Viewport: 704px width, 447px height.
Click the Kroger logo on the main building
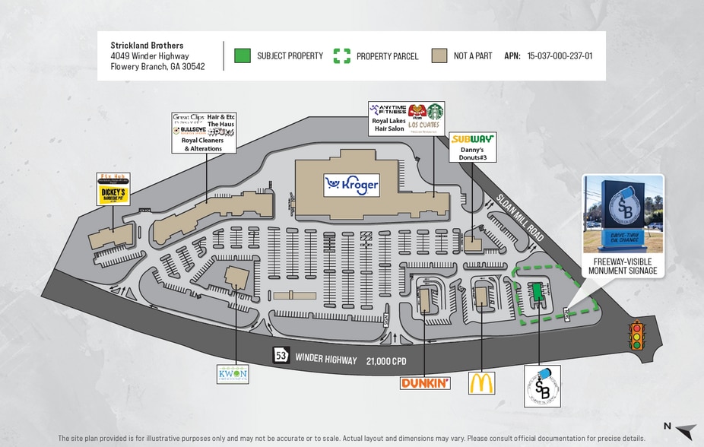pyautogui.click(x=351, y=185)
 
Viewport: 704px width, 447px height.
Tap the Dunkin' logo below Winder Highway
pyautogui.click(x=425, y=383)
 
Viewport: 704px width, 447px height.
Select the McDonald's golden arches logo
pyautogui.click(x=481, y=382)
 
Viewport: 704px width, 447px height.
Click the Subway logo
pyautogui.click(x=472, y=139)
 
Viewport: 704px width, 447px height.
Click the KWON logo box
pyautogui.click(x=233, y=374)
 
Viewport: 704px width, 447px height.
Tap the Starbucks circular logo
pyautogui.click(x=435, y=111)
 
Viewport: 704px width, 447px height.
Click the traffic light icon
pyautogui.click(x=637, y=335)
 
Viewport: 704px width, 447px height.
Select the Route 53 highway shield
pyautogui.click(x=281, y=356)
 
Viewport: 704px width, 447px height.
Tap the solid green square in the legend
pyautogui.click(x=242, y=55)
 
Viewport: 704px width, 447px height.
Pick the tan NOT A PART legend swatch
pyautogui.click(x=439, y=55)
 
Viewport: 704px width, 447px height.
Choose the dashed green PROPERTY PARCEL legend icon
pyautogui.click(x=342, y=55)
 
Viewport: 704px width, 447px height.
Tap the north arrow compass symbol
pyautogui.click(x=684, y=430)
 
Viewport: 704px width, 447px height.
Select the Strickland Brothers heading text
pyautogui.click(x=147, y=45)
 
